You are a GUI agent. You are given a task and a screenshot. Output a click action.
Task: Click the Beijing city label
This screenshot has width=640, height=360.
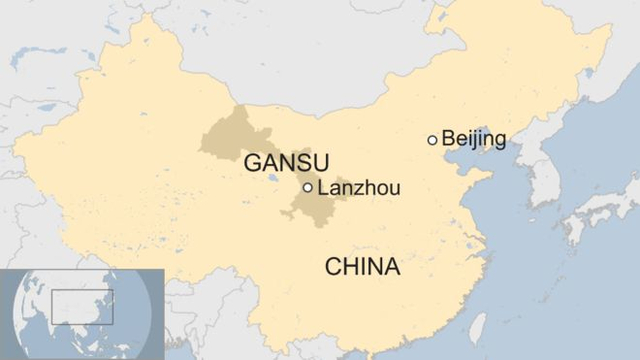tap(473, 139)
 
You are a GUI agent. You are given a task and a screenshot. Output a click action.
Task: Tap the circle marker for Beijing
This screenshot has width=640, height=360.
tap(432, 140)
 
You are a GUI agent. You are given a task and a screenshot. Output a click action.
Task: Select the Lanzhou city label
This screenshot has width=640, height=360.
tap(357, 187)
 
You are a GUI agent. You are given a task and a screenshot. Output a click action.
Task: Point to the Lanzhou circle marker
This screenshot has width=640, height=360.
tap(307, 187)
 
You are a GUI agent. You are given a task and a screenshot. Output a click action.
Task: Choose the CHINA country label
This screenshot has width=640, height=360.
tap(362, 267)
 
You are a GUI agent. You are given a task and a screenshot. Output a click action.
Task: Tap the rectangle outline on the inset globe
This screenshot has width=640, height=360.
tap(82, 306)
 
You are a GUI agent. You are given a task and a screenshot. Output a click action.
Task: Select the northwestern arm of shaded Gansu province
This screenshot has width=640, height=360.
tap(225, 135)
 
